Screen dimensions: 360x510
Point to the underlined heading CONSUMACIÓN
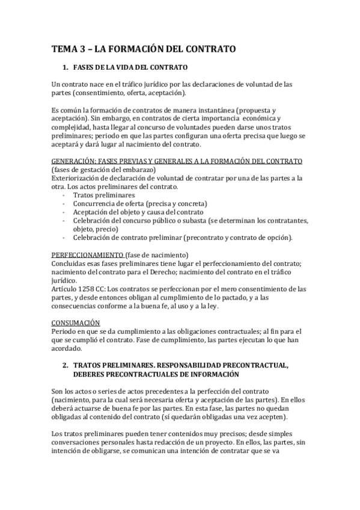[76, 323]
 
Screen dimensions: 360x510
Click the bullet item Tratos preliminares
[103, 195]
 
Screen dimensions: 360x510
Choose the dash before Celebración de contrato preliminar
[64, 238]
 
